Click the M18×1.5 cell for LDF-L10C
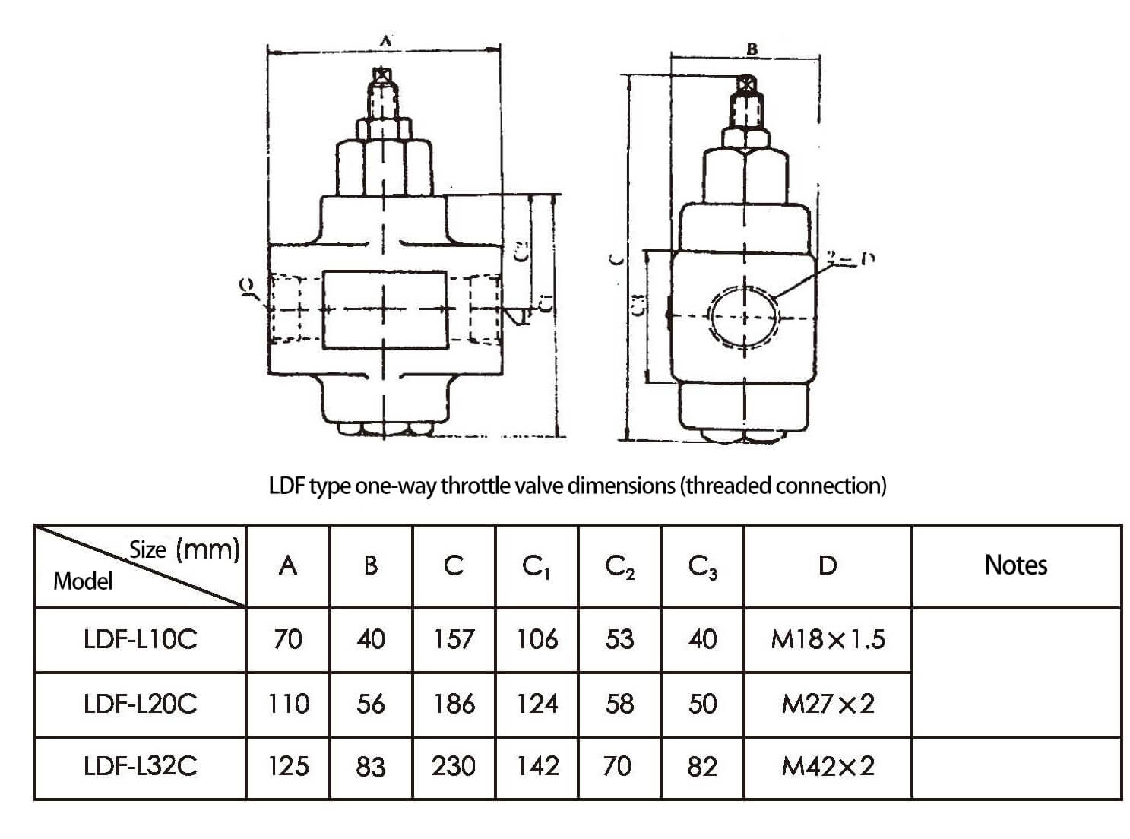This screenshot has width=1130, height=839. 827,639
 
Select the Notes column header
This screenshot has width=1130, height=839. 1015,565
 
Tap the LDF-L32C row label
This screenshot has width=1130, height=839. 140,765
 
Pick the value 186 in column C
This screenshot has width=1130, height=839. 454,704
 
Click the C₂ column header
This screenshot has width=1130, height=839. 619,566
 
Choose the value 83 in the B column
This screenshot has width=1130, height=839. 370,766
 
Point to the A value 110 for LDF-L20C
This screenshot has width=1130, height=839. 288,704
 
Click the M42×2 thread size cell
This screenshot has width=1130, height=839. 827,766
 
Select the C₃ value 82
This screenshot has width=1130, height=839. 701,766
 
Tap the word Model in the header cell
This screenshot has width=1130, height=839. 83,581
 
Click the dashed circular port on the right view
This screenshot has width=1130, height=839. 744,317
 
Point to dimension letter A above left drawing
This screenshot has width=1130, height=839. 385,43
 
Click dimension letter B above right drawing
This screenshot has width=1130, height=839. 752,49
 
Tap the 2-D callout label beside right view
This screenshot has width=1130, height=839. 850,259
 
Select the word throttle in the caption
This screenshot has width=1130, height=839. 473,485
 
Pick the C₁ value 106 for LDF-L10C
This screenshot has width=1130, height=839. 537,639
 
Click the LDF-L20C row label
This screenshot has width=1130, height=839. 140,704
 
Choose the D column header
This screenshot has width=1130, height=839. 827,565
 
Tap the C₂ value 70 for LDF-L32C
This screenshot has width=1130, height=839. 616,766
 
